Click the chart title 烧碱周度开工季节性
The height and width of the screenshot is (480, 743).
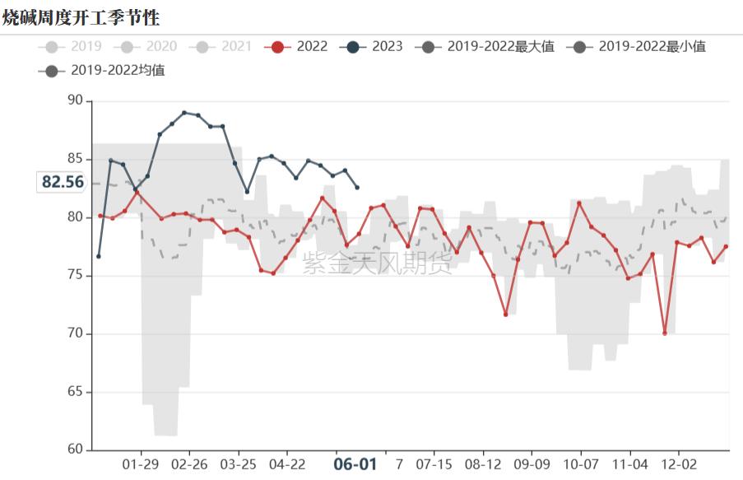[x=81, y=17]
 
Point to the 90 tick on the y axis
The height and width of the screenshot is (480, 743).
[x=76, y=100]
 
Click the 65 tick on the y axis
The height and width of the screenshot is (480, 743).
[x=76, y=392]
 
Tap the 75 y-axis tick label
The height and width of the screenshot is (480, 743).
[x=76, y=275]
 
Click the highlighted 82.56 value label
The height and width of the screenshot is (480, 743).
[x=63, y=182]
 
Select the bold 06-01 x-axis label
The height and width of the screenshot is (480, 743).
[x=355, y=464]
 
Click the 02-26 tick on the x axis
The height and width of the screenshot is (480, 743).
[x=189, y=464]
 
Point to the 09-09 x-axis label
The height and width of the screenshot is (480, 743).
[x=532, y=464]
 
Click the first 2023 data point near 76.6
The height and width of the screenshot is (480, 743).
[x=99, y=256]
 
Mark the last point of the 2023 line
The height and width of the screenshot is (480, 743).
[x=357, y=188]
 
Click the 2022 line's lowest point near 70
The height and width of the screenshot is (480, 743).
[x=664, y=333]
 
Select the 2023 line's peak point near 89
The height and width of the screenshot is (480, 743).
[x=184, y=113]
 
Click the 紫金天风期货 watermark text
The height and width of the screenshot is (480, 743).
[x=377, y=263]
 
